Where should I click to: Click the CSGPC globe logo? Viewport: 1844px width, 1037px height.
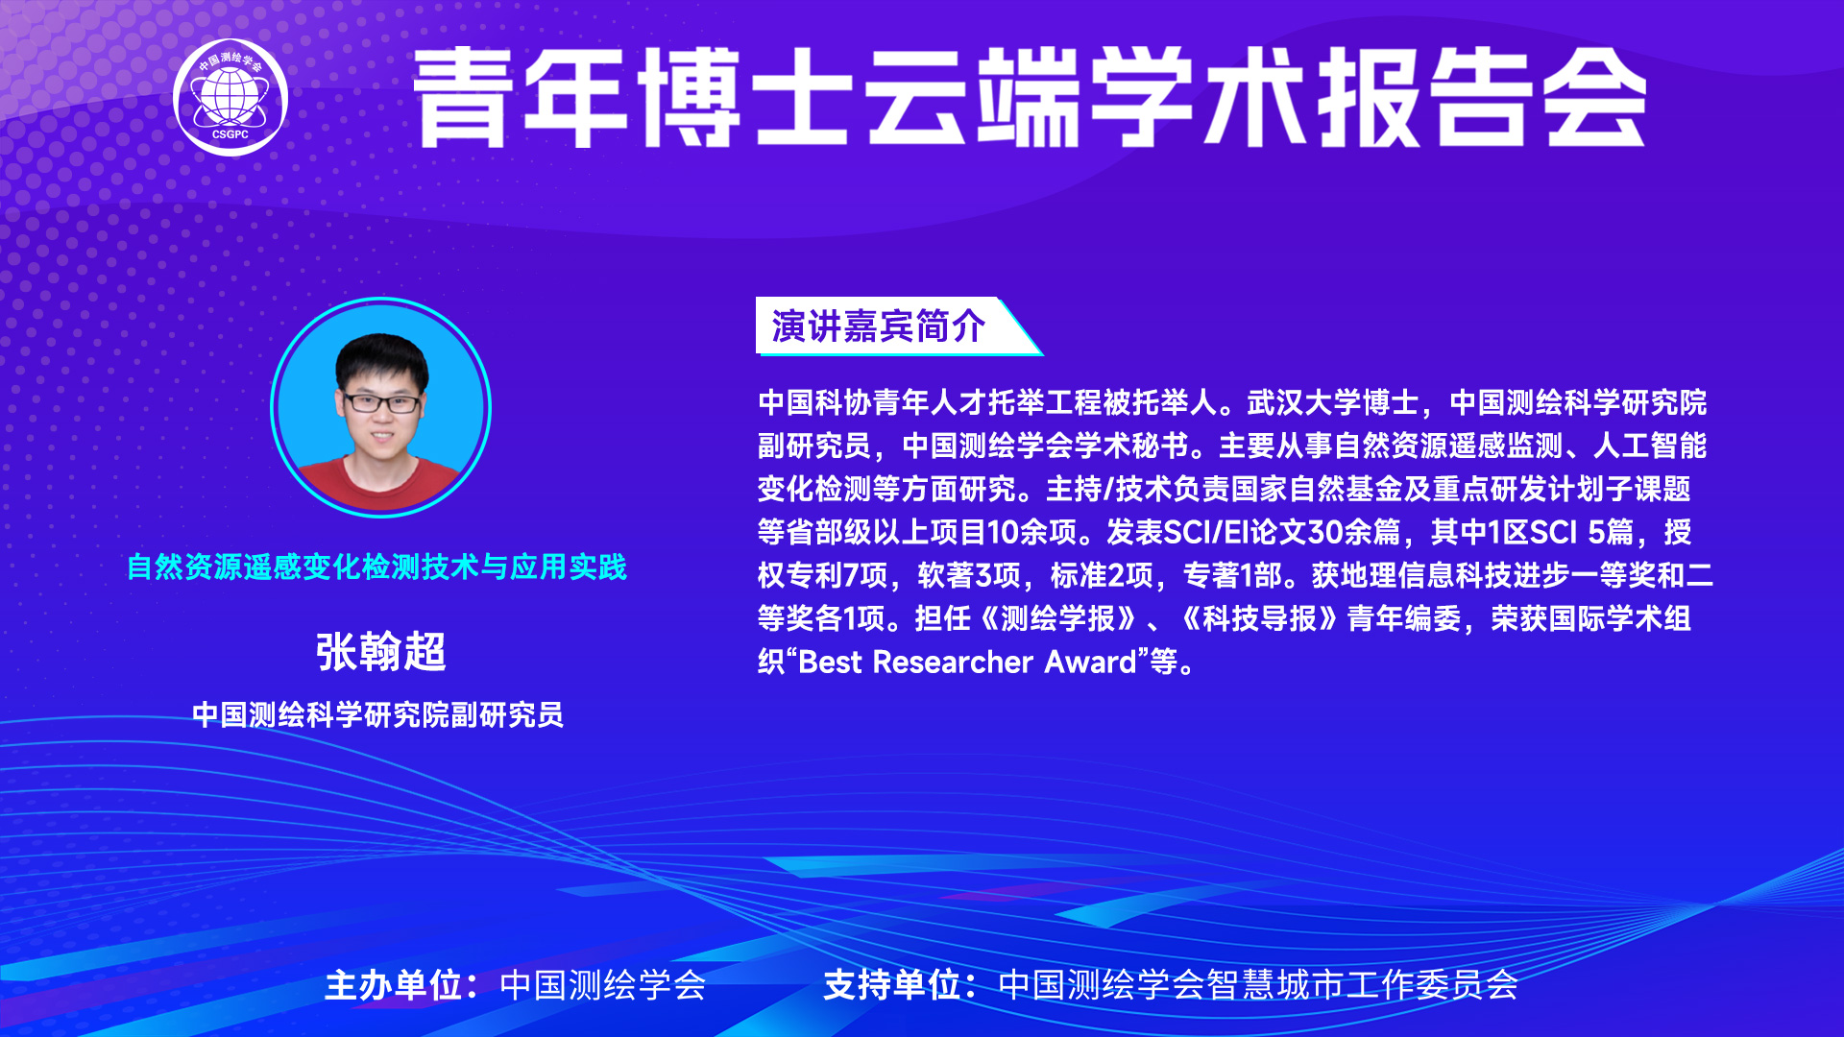tap(230, 97)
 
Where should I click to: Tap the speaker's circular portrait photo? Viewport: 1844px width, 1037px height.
tap(381, 408)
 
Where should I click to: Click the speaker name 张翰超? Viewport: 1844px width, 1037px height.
tap(381, 652)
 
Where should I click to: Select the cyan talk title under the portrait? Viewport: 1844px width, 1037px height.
tap(376, 567)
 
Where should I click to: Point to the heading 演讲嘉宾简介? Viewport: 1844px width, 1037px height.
tap(878, 326)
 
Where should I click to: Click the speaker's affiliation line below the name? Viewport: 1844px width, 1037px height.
tap(377, 714)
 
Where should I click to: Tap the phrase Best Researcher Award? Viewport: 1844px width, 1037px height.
tap(968, 662)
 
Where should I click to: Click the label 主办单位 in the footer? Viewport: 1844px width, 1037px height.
tap(394, 985)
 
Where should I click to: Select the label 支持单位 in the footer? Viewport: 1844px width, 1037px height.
tap(892, 985)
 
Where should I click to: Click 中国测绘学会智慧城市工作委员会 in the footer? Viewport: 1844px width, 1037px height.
tap(1258, 985)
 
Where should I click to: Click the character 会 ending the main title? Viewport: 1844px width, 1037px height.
tap(1595, 97)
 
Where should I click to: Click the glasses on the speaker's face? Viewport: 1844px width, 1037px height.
tap(381, 403)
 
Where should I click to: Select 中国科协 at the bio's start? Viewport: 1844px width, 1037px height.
tap(814, 402)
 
